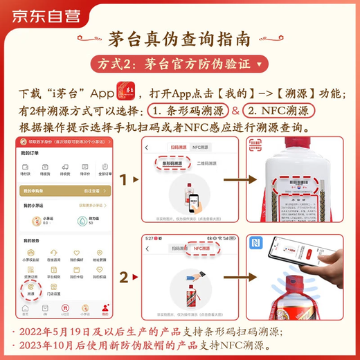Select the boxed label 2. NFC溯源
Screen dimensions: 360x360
coord(280,111)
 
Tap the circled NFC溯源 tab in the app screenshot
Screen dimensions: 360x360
coord(201,246)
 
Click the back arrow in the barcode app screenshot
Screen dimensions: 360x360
coord(147,147)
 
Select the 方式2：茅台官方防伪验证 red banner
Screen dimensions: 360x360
coord(180,64)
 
